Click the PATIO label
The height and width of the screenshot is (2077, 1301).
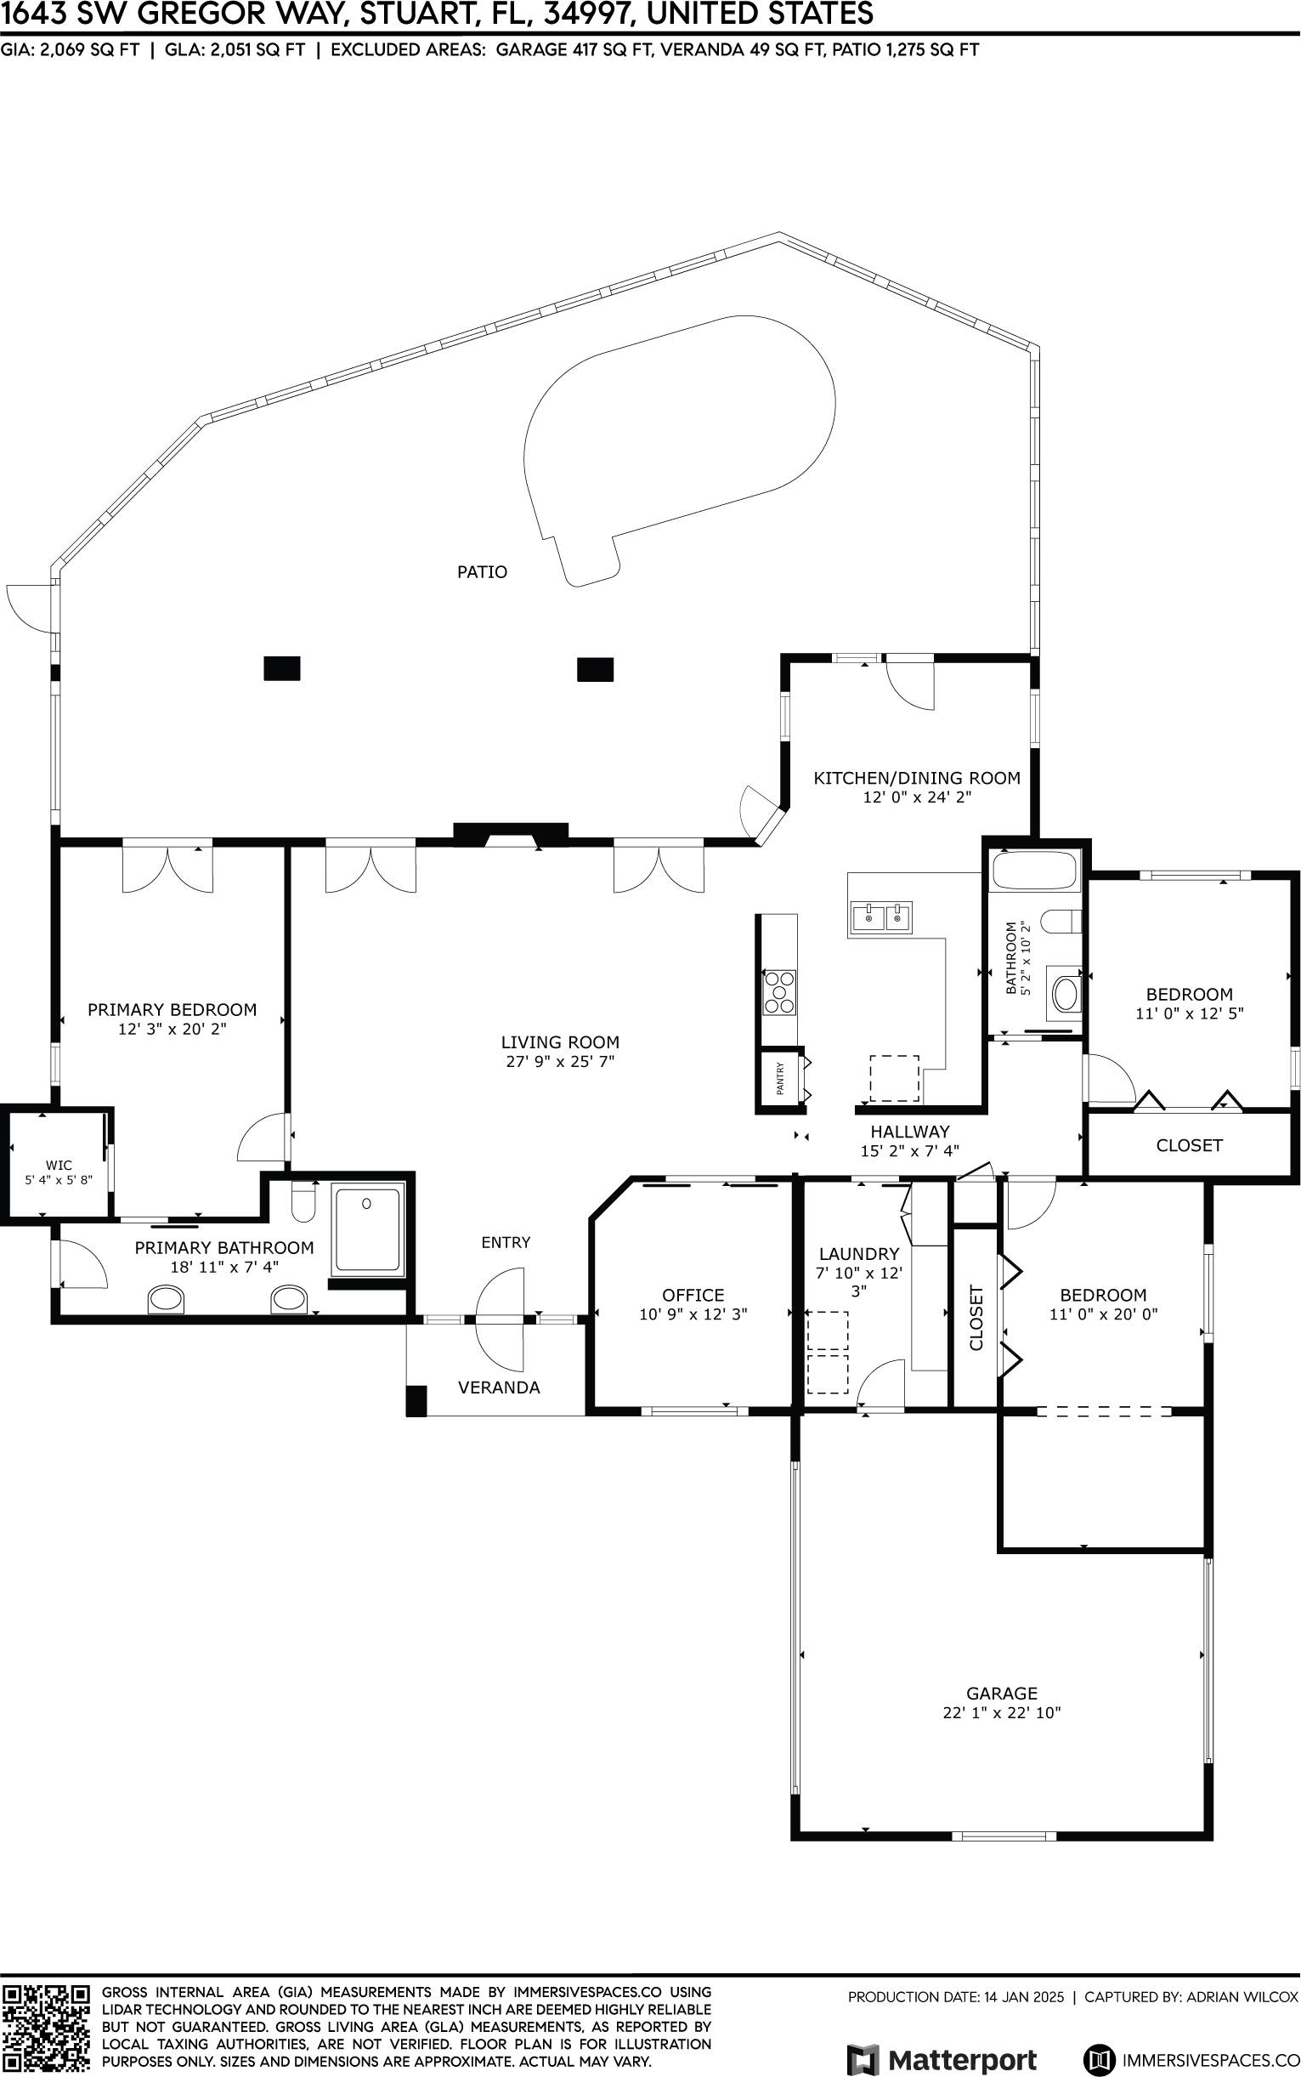(x=482, y=571)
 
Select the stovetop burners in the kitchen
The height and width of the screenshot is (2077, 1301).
(x=779, y=992)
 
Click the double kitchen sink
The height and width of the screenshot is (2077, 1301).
(x=881, y=917)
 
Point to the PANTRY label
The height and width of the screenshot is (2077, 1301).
(x=780, y=1079)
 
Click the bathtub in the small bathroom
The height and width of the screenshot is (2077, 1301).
(x=1034, y=871)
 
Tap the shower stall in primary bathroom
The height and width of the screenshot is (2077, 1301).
(x=368, y=1230)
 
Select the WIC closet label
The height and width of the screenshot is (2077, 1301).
(x=59, y=1165)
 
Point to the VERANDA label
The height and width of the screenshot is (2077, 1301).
(x=499, y=1388)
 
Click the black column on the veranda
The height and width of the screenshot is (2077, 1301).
(x=416, y=1400)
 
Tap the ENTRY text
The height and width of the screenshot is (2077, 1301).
(x=506, y=1242)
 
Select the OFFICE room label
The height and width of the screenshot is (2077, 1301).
(x=693, y=1295)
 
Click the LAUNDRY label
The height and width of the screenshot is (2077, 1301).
(x=859, y=1254)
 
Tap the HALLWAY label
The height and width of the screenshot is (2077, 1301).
(x=909, y=1131)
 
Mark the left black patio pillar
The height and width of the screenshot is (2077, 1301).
(x=281, y=669)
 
